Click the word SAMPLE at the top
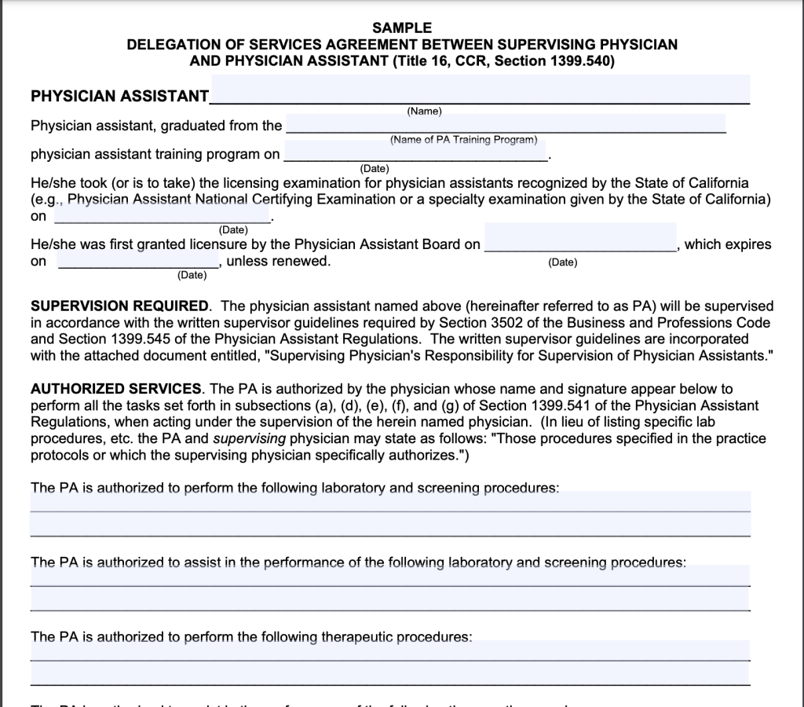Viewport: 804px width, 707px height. (402, 27)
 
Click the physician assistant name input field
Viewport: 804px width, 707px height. (480, 90)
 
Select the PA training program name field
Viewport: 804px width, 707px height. (506, 123)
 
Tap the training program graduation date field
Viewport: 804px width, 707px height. (415, 152)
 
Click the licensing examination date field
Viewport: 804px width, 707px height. (163, 214)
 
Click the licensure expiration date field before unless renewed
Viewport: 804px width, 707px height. (139, 260)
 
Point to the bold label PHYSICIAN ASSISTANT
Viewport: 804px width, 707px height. (119, 97)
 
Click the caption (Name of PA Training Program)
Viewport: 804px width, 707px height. (463, 140)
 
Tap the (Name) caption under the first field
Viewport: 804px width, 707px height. (425, 112)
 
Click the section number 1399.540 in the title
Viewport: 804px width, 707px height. (581, 60)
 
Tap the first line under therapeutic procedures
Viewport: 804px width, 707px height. (390, 651)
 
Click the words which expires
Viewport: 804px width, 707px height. (729, 244)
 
